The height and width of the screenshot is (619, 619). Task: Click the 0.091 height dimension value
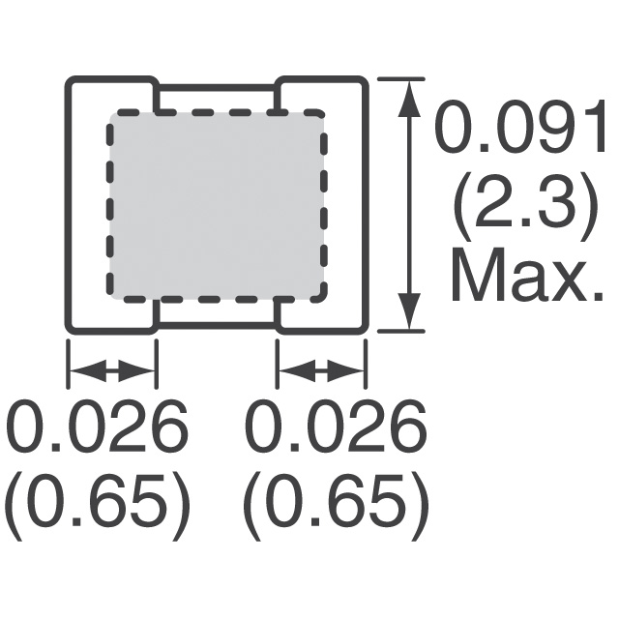pos(520,127)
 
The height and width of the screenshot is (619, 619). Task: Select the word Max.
pos(527,275)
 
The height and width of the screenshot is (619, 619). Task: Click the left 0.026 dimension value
pos(96,427)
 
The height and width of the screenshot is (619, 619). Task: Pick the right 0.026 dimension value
pos(337,427)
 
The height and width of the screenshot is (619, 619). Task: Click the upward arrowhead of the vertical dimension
pos(408,100)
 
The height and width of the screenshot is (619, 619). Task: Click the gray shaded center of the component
pos(217,205)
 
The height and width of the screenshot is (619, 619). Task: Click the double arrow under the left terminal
pos(112,371)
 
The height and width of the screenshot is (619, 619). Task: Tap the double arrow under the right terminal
pos(321,371)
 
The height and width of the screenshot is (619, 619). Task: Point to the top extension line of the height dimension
pos(401,79)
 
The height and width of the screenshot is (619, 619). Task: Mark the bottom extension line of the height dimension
pos(401,331)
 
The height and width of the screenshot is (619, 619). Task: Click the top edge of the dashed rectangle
pos(217,113)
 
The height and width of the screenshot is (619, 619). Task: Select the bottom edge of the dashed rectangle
pos(217,299)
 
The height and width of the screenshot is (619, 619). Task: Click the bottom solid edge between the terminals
pos(217,325)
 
